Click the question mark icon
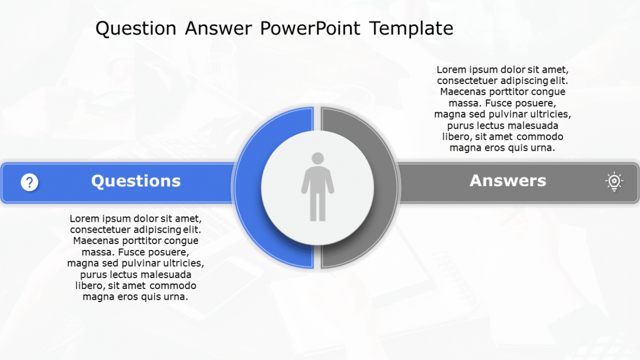point(29,183)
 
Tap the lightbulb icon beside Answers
point(614,182)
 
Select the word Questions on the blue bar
point(136,181)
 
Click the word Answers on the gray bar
point(508,181)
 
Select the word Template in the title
point(411,28)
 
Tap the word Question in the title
point(136,28)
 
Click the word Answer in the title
point(219,28)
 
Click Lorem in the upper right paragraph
point(451,70)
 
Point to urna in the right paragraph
point(543,148)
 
